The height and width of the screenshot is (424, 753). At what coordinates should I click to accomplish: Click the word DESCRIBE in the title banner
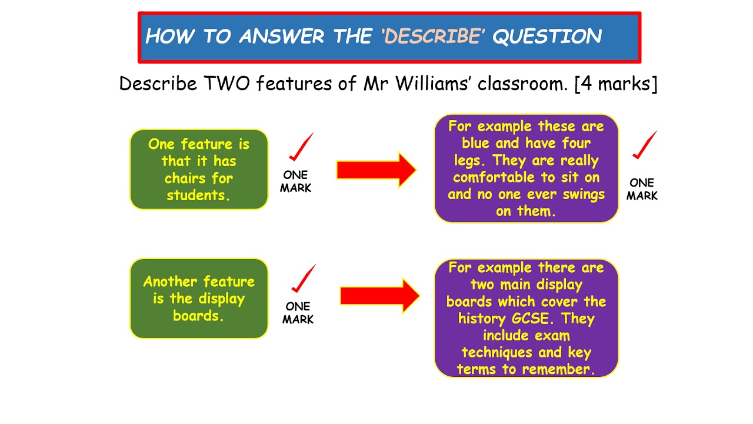pos(432,37)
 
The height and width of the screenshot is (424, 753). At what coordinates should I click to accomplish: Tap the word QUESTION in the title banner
pos(547,37)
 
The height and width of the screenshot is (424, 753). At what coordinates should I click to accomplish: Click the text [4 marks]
pos(616,84)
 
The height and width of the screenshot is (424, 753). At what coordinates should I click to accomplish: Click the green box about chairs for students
pos(199,170)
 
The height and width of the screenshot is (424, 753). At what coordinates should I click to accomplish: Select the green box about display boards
pos(199,299)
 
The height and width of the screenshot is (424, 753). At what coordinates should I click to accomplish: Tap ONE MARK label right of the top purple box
pos(642,190)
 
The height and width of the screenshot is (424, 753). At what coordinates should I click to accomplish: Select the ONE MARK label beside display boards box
pos(298,313)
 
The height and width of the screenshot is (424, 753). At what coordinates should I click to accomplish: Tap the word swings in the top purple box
pos(582,194)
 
